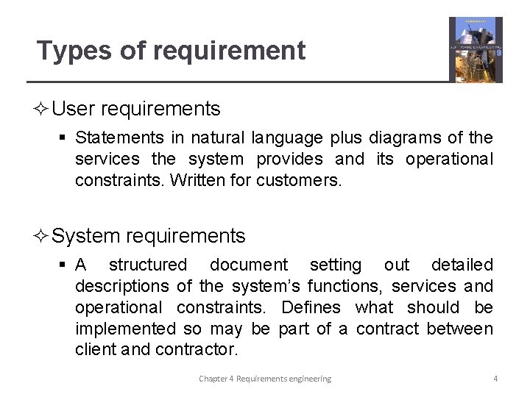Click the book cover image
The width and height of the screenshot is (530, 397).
tap(476, 49)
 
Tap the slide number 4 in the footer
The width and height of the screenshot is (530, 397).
tap(495, 379)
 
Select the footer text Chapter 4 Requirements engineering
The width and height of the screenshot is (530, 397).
tap(265, 379)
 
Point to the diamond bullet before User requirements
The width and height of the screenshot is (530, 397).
tap(42, 110)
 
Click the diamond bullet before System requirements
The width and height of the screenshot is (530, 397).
tap(42, 237)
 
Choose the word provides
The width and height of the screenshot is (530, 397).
tap(289, 159)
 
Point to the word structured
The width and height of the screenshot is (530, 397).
tap(148, 265)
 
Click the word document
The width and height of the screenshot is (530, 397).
tap(249, 265)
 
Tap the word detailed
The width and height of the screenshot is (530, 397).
tap(462, 265)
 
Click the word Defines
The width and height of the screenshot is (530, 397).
tap(311, 307)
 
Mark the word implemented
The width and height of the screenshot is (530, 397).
tap(126, 329)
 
